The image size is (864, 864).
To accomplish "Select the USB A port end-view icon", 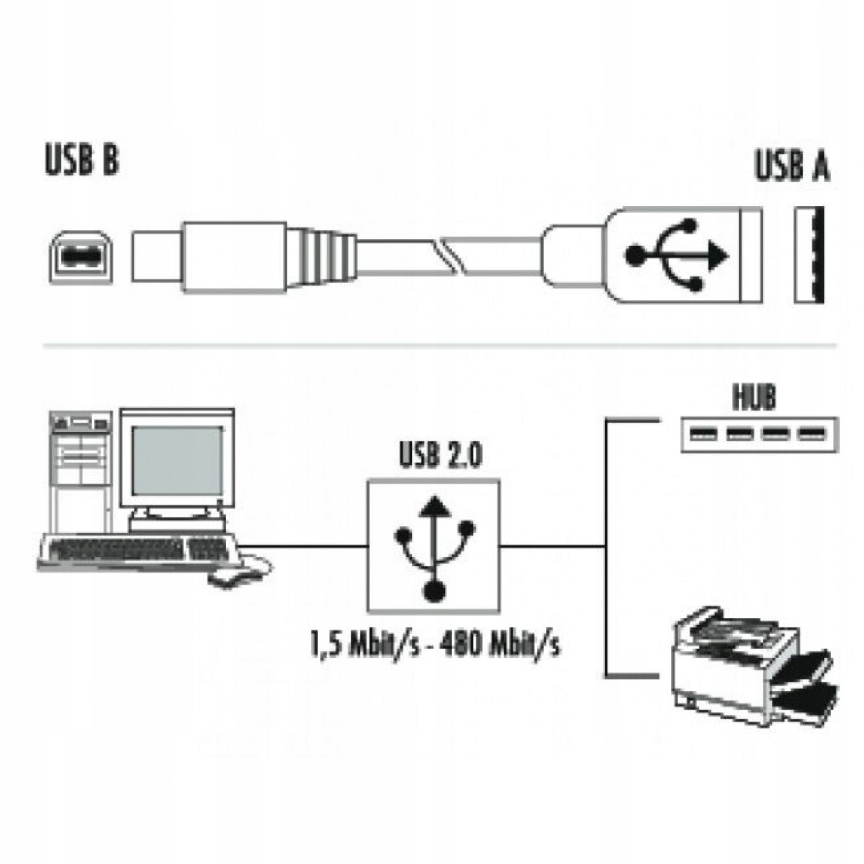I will (x=809, y=255).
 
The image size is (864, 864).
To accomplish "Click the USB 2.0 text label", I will (x=440, y=455).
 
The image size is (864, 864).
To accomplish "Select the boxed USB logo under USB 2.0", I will (x=434, y=545).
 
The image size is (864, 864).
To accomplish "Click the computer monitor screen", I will (x=176, y=461).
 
